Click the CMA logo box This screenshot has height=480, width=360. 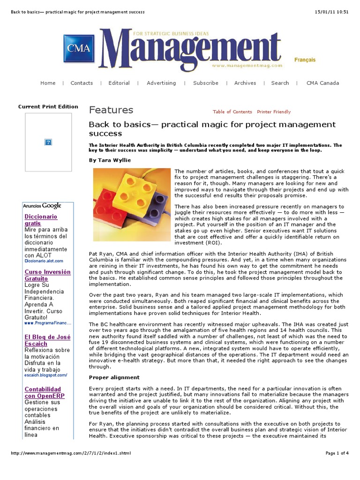[x=79, y=48]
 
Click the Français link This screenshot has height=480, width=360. [x=305, y=60]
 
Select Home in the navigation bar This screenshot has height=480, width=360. [x=48, y=83]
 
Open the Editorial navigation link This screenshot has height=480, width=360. [x=119, y=83]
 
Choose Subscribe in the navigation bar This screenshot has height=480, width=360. [x=206, y=83]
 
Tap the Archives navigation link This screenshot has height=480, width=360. [x=245, y=83]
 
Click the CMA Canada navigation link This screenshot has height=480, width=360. [x=322, y=83]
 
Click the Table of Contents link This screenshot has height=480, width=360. [x=232, y=112]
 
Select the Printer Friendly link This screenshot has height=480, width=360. [x=274, y=112]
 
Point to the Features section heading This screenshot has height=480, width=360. [x=111, y=110]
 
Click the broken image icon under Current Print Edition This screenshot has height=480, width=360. [x=48, y=142]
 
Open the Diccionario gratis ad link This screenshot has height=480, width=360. [x=41, y=220]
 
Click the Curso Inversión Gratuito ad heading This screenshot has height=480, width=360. [x=47, y=275]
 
